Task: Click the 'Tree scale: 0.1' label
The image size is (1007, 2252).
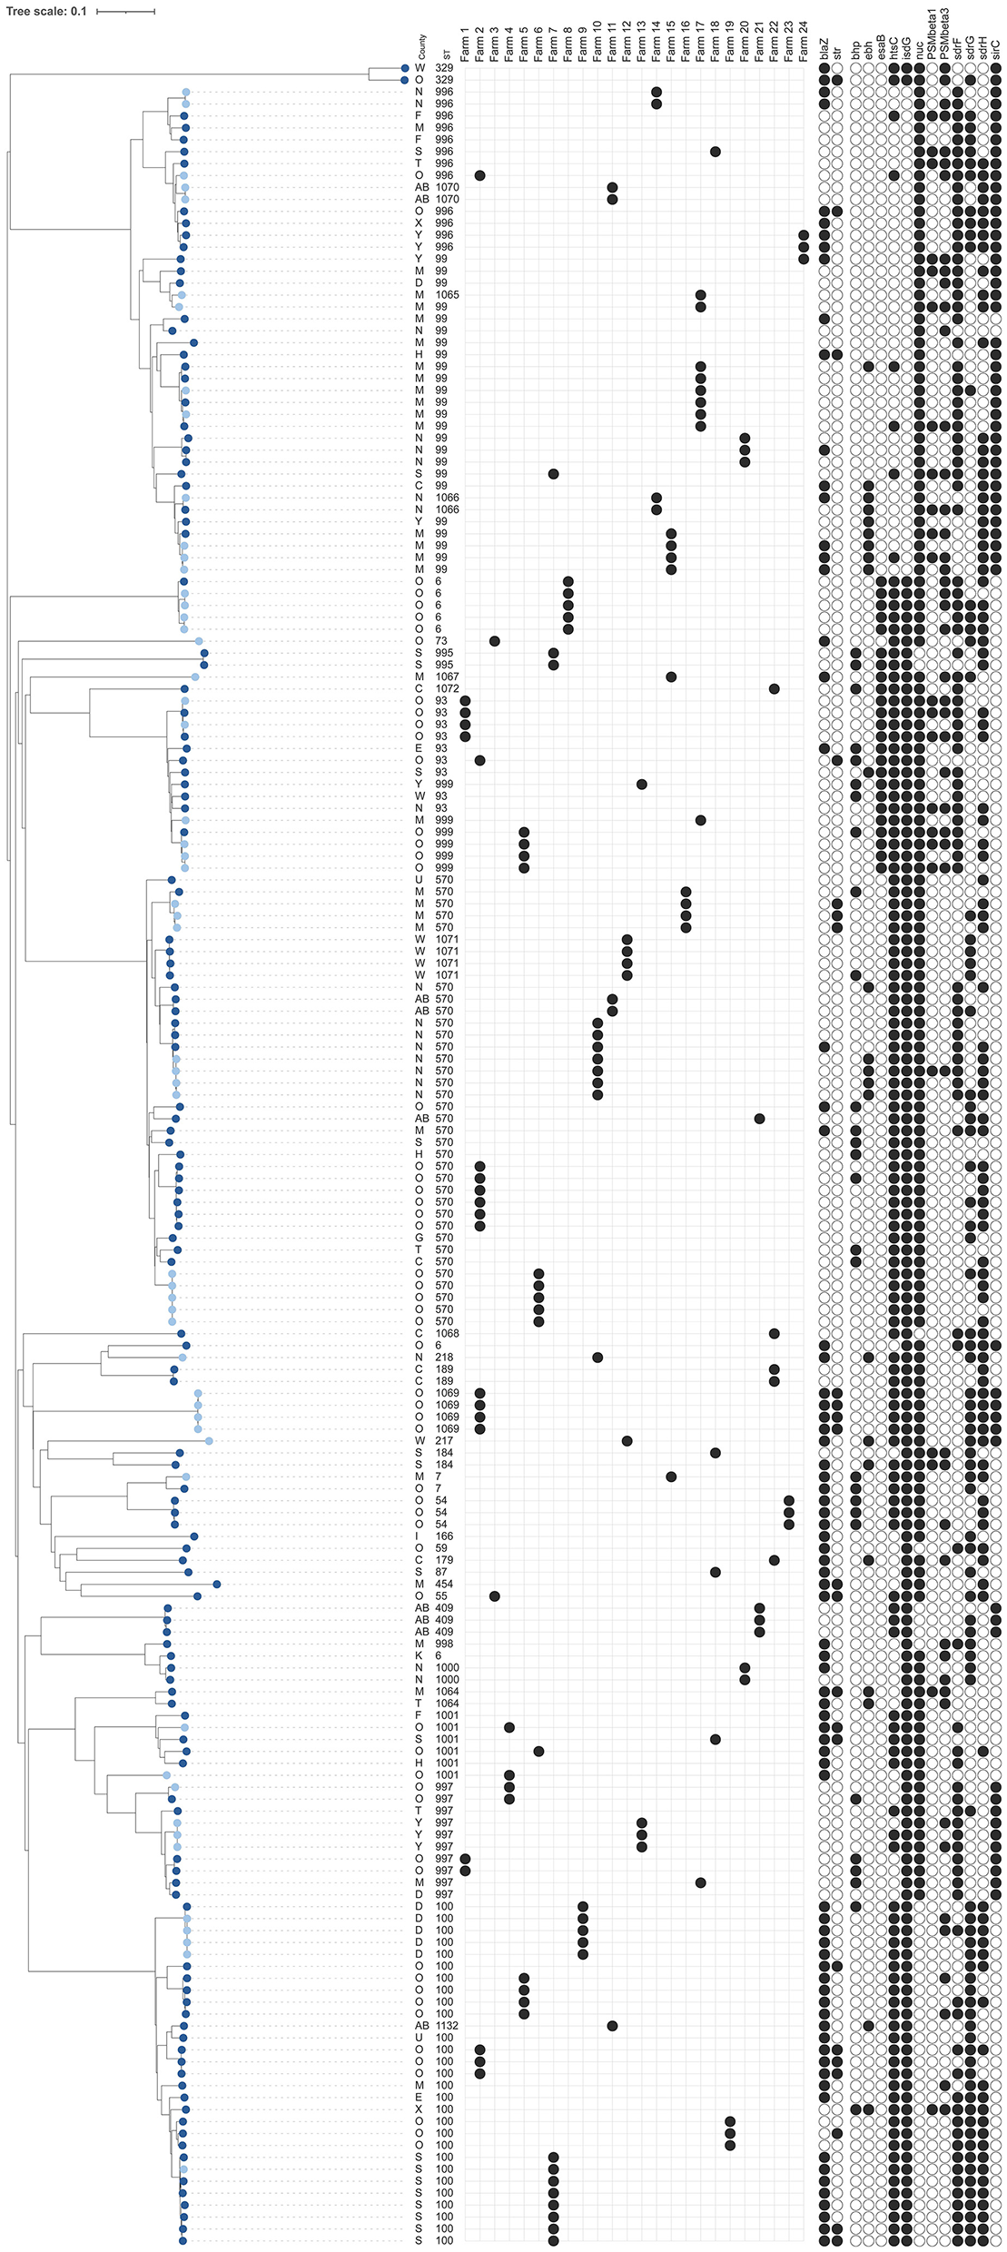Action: (46, 12)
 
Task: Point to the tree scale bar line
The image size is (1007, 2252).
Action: (125, 12)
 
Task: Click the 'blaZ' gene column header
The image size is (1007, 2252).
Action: (824, 54)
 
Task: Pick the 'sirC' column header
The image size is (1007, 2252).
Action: (996, 51)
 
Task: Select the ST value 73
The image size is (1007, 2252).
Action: (441, 641)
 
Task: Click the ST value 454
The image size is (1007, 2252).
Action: (443, 1584)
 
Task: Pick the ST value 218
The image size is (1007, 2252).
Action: (443, 1358)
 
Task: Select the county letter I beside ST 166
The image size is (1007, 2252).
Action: (419, 1536)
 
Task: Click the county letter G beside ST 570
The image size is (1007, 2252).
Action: (419, 1238)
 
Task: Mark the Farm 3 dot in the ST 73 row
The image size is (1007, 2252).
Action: (495, 641)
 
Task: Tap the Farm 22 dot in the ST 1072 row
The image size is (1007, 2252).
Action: (774, 689)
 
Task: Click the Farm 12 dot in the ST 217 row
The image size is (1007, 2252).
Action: (627, 1441)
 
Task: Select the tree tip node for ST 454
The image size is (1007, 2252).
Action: (216, 1584)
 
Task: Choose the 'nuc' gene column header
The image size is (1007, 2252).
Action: (920, 53)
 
